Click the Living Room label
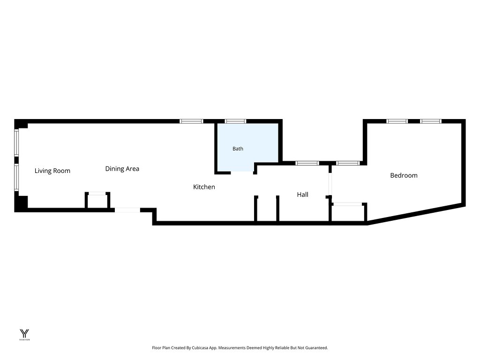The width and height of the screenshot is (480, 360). pyautogui.click(x=52, y=171)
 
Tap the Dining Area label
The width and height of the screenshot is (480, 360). pyautogui.click(x=122, y=169)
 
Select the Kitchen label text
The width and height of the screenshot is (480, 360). pyautogui.click(x=204, y=187)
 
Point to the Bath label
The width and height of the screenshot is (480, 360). pyautogui.click(x=238, y=149)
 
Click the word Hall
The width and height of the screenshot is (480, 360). pyautogui.click(x=302, y=195)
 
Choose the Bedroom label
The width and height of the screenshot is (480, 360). pyautogui.click(x=404, y=175)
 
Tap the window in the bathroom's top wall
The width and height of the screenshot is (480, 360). pyautogui.click(x=235, y=121)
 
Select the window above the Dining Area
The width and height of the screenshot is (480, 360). pyautogui.click(x=191, y=121)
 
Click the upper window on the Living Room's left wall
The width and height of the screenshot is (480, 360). pyautogui.click(x=16, y=142)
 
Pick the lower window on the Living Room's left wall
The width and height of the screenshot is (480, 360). pyautogui.click(x=16, y=178)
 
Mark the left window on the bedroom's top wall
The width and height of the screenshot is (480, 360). pyautogui.click(x=397, y=121)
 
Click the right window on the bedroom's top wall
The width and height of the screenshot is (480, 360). pyautogui.click(x=431, y=121)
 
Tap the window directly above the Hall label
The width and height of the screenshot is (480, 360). pyautogui.click(x=307, y=163)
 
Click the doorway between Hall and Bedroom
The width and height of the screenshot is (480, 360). pyautogui.click(x=330, y=184)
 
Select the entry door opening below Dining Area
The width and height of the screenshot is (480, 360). pyautogui.click(x=127, y=210)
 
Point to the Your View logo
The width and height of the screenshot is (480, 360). pyautogui.click(x=24, y=335)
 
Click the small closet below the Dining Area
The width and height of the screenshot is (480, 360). pyautogui.click(x=97, y=201)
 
